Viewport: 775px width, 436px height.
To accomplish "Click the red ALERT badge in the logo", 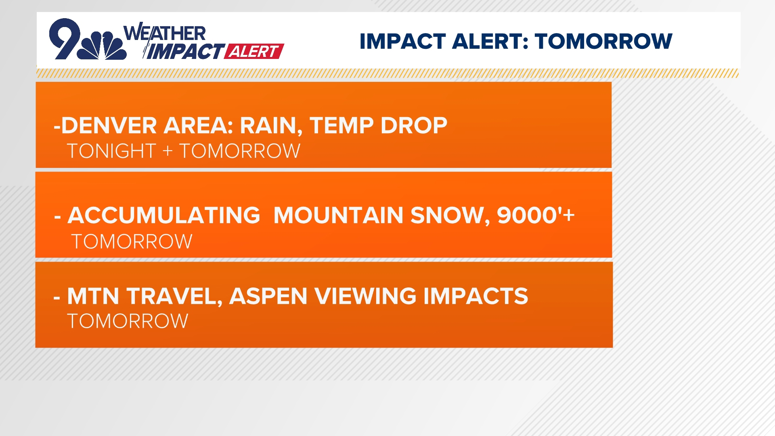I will [x=254, y=51].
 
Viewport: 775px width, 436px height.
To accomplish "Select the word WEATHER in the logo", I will [x=165, y=33].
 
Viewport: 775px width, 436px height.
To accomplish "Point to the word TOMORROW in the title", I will [x=603, y=41].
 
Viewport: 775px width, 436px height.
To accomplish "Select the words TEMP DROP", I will [x=379, y=126].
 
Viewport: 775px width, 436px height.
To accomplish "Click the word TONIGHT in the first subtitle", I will [x=111, y=151].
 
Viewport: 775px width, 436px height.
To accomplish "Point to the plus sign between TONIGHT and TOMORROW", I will [x=168, y=151].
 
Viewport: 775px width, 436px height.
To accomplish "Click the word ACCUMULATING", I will [x=164, y=215].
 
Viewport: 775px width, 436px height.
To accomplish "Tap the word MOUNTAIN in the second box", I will [x=338, y=215].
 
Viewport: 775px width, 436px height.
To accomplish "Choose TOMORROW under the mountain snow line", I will [x=132, y=242].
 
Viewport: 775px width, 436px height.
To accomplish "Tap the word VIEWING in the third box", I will [x=365, y=296].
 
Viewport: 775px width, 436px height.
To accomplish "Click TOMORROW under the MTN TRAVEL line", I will [x=128, y=321].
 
